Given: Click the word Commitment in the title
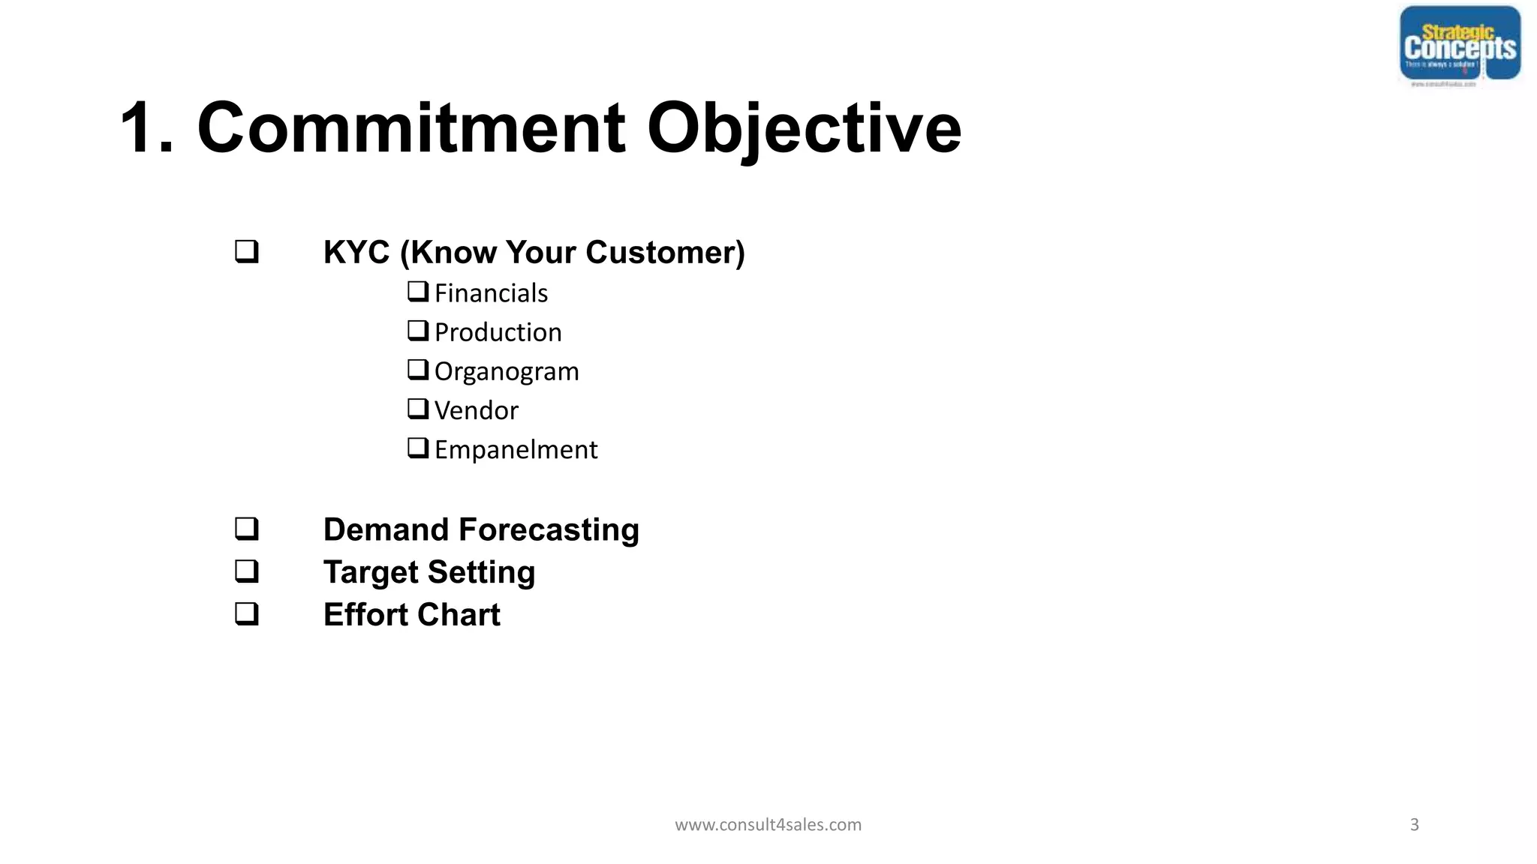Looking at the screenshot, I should click(411, 128).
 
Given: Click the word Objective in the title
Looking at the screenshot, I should click(804, 128).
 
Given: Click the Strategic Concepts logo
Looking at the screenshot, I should click(1460, 45).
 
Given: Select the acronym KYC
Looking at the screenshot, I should click(356, 253).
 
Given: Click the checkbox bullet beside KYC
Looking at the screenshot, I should click(247, 251).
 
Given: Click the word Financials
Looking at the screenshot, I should click(491, 293).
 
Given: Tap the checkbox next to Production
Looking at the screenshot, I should click(418, 331).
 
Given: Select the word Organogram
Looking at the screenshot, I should click(507, 372).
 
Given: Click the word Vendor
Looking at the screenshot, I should click(476, 411).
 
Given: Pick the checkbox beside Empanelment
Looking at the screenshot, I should click(418, 448).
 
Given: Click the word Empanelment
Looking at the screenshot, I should click(516, 450).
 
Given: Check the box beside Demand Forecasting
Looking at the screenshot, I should click(247, 529).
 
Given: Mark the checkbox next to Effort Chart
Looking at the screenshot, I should click(247, 613).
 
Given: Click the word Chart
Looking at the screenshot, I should click(459, 615).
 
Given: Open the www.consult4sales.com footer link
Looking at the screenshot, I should click(768, 825).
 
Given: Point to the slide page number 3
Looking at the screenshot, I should click(1414, 825).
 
